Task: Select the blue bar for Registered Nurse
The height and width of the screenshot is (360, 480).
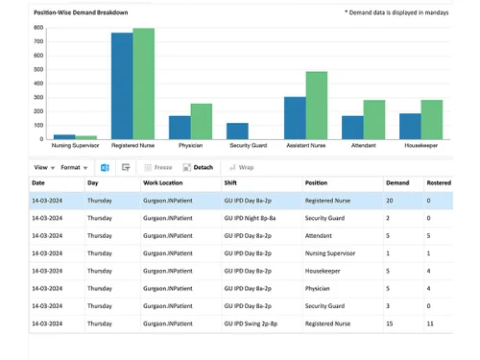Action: coord(122,86)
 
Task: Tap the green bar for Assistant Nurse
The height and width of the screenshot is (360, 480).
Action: coord(316,106)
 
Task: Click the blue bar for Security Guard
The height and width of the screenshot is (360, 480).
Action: coord(237,131)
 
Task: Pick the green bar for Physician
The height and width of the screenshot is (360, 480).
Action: coord(202,121)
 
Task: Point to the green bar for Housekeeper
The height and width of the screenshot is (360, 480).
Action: coord(431,119)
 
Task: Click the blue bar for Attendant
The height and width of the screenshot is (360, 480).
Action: coord(352,128)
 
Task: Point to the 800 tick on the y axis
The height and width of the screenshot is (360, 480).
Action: coord(38,28)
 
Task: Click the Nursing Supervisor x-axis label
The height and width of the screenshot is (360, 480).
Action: coord(75,146)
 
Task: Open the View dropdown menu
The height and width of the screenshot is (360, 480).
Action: coord(42,167)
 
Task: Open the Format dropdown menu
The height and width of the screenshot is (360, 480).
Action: coord(73,167)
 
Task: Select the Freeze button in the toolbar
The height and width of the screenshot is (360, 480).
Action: coord(158,167)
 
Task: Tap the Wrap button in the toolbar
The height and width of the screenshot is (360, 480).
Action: coord(241,167)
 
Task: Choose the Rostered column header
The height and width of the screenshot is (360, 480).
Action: coord(440,182)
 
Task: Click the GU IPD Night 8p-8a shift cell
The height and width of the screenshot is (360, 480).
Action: coord(253,218)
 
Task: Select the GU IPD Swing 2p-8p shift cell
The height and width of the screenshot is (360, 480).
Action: coord(255,324)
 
